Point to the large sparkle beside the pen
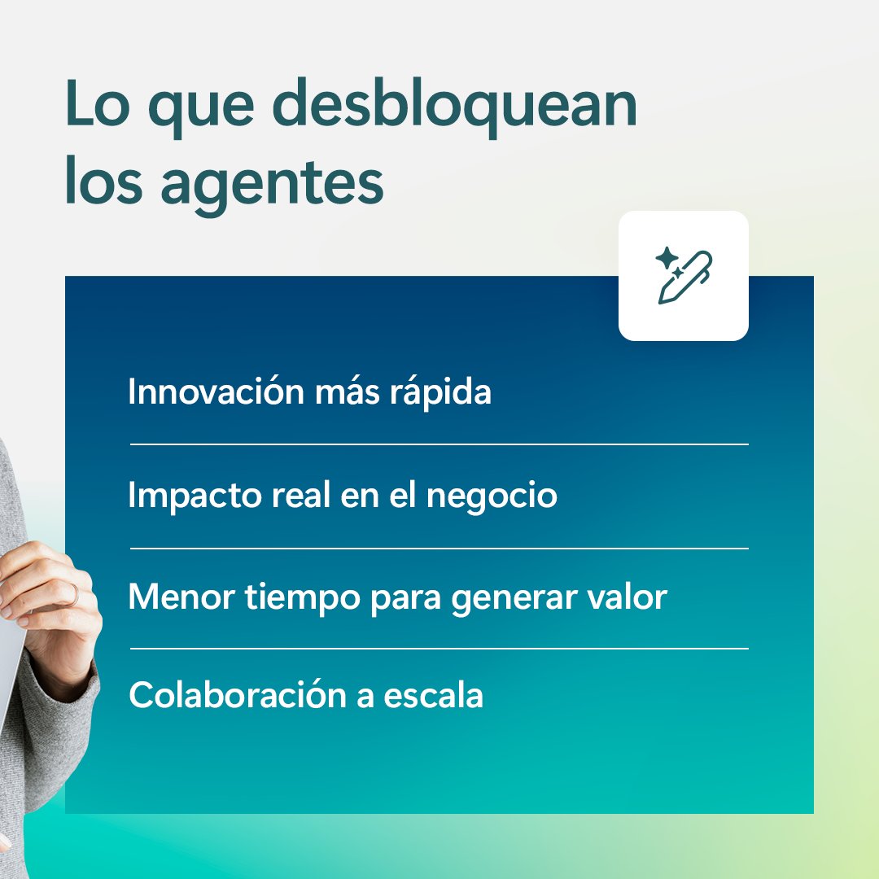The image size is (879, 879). point(667,259)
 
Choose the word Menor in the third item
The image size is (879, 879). point(180,597)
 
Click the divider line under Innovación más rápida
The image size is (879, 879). point(439,444)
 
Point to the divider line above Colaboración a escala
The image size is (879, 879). point(439,649)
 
